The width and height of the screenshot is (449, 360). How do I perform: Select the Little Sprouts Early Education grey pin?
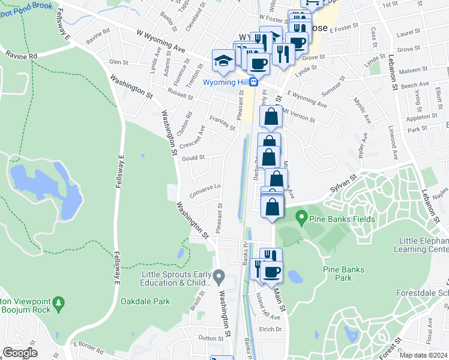tap(219, 278)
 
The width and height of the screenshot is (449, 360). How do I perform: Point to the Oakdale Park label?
tap(141, 301)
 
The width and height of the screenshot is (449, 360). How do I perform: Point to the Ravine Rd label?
tap(22, 55)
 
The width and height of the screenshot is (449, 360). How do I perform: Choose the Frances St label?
tap(223, 124)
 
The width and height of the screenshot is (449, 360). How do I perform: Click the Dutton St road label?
tap(211, 338)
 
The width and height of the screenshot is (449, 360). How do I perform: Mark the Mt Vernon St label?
tap(298, 115)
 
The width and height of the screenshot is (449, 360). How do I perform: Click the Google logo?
tap(20, 353)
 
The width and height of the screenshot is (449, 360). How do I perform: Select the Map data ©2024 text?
tap(423, 355)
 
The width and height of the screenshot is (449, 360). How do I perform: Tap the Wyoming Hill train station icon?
tap(254, 82)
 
